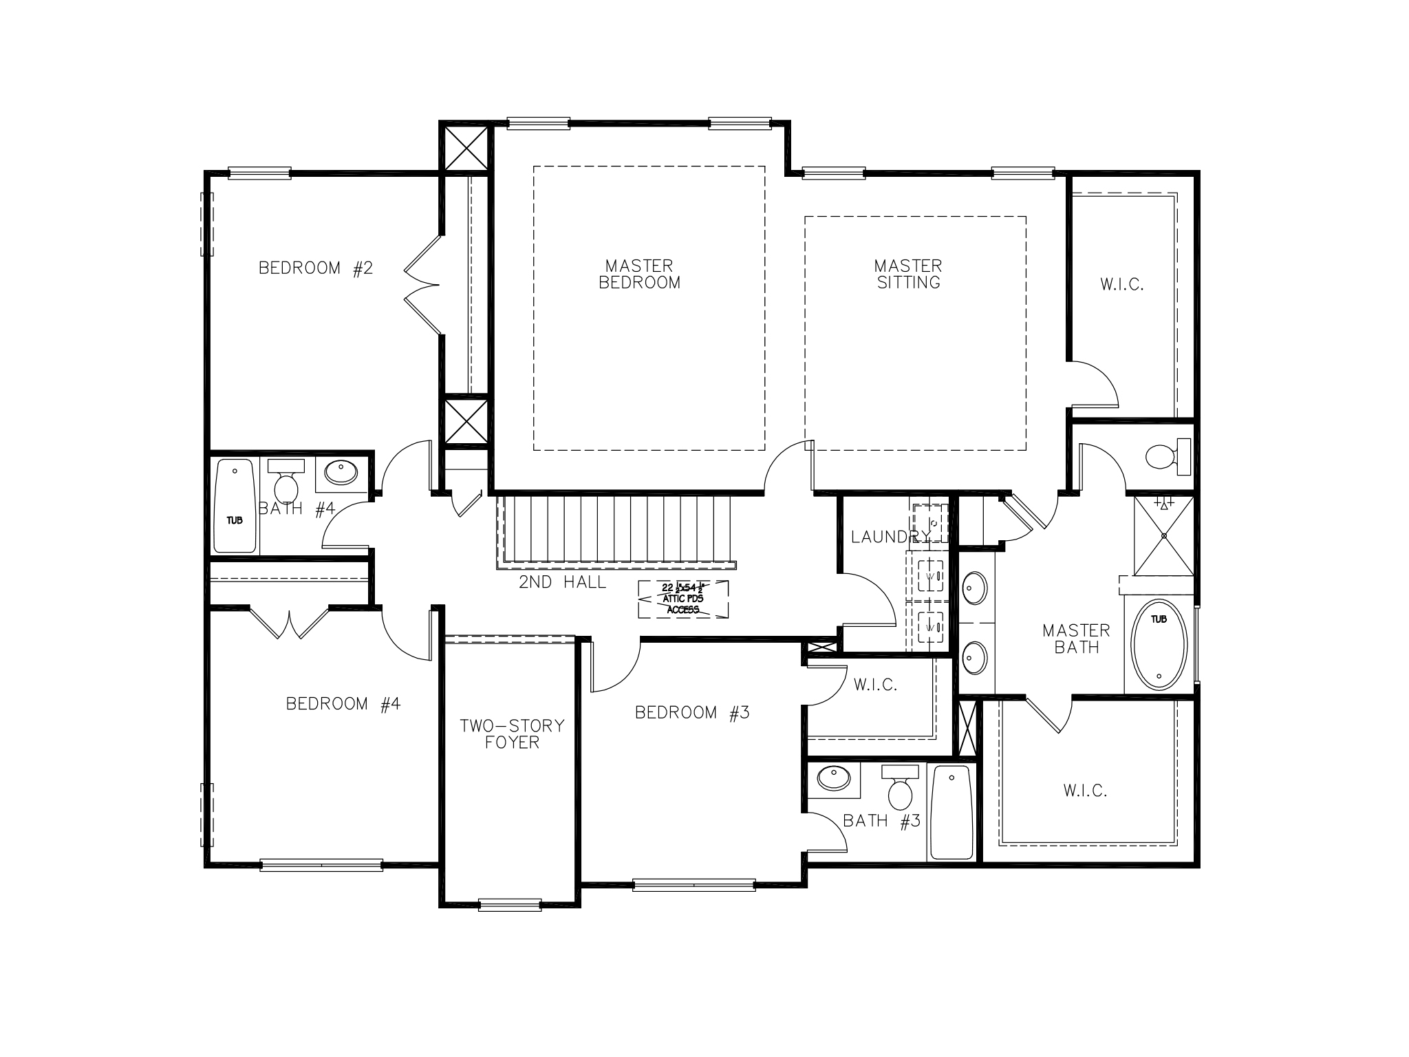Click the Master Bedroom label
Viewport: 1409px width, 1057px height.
pyautogui.click(x=639, y=274)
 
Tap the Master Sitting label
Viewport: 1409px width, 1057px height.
pyautogui.click(x=908, y=274)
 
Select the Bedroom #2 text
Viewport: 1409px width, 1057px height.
pyautogui.click(x=315, y=268)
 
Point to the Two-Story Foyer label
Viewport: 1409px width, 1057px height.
pyautogui.click(x=512, y=734)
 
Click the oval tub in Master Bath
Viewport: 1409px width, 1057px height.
pyautogui.click(x=1159, y=645)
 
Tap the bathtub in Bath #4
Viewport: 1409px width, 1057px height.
pyautogui.click(x=235, y=506)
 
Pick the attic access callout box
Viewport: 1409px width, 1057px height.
pyautogui.click(x=682, y=599)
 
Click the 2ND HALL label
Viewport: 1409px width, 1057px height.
pyautogui.click(x=563, y=583)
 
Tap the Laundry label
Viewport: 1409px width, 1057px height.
pyautogui.click(x=890, y=537)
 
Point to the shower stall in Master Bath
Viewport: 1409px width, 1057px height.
pyautogui.click(x=1164, y=535)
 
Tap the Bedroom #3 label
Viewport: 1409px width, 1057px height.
pyautogui.click(x=691, y=713)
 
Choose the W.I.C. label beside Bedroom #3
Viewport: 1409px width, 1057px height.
pyautogui.click(x=875, y=685)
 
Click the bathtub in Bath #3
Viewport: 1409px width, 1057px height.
pyautogui.click(x=951, y=813)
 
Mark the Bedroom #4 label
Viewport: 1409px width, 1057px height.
pyautogui.click(x=343, y=704)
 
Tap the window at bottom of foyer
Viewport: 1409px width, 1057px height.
pyautogui.click(x=510, y=904)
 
